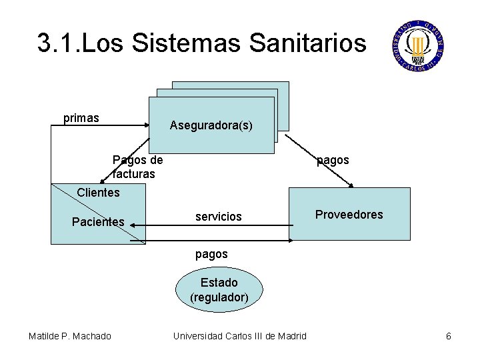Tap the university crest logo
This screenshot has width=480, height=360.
tap(418, 45)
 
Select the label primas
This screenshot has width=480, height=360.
tap(81, 118)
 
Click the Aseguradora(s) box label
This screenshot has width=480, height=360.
tap(211, 125)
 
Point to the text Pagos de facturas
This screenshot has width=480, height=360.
tap(137, 167)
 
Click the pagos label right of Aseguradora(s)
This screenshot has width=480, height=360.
tap(333, 160)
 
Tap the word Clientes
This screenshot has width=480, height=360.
tap(98, 193)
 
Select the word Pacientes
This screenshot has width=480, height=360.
tap(98, 221)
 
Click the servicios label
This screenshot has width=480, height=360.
tap(218, 217)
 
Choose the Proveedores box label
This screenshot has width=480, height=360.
tap(349, 215)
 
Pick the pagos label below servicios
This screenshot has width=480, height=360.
tap(211, 254)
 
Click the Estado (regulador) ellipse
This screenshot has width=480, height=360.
tap(219, 289)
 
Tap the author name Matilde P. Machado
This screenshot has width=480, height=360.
tap(70, 336)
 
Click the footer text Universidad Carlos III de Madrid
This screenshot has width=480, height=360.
tap(240, 336)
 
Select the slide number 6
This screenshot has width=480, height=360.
tap(449, 336)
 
